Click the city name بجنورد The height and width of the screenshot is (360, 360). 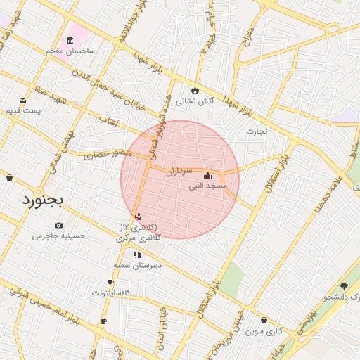click(x=43, y=200)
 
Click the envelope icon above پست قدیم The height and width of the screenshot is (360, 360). click(x=23, y=100)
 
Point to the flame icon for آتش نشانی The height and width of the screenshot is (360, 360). click(x=195, y=91)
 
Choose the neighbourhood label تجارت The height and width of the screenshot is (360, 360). click(x=257, y=131)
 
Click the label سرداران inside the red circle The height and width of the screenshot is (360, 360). click(x=179, y=170)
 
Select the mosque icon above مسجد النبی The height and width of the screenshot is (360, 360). click(x=207, y=175)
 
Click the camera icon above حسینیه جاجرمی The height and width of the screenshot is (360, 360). click(x=58, y=225)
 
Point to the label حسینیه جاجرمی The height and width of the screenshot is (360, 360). click(x=58, y=236)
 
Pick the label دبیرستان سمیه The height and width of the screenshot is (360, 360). click(x=138, y=266)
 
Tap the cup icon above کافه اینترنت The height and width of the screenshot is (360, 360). click(x=110, y=282)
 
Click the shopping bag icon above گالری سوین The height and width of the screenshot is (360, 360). click(x=263, y=321)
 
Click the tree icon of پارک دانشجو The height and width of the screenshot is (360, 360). click(x=344, y=286)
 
